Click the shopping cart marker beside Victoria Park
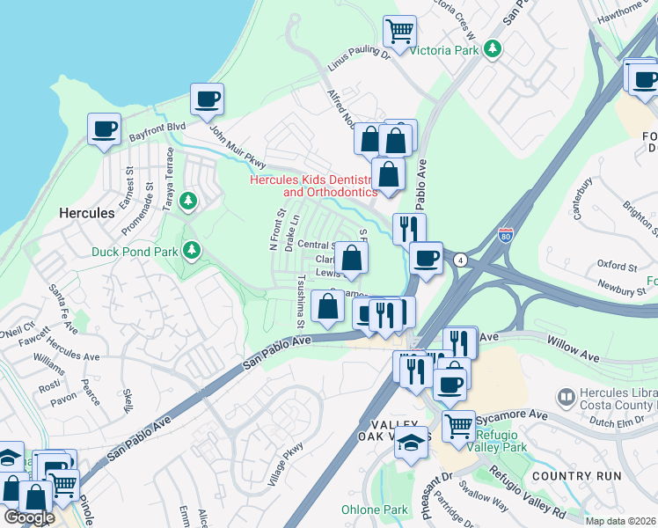[400, 33]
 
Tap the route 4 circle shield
[460, 260]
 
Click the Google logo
[29, 517]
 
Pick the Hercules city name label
[86, 213]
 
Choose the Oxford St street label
[617, 265]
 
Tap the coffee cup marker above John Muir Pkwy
[208, 99]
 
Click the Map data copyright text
[620, 521]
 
